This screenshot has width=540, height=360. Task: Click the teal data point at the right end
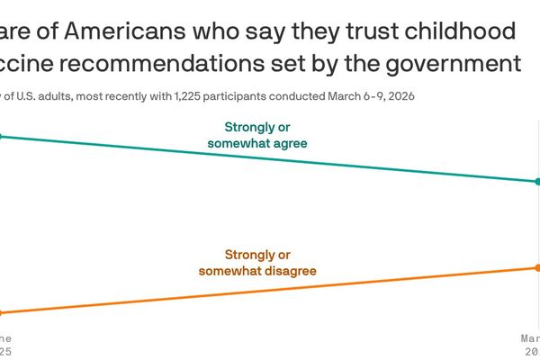[537, 182]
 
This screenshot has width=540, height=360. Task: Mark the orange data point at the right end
[537, 267]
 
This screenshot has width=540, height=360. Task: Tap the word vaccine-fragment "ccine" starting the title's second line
[27, 64]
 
